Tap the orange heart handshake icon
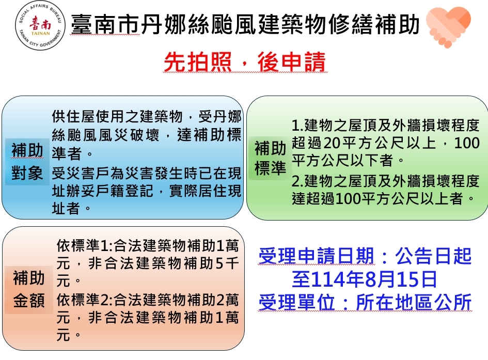click(x=448, y=26)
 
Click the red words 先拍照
click(x=198, y=62)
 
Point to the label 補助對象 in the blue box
click(x=27, y=162)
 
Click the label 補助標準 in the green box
click(x=270, y=158)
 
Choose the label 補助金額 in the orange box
click(x=28, y=289)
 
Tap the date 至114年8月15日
click(x=365, y=279)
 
